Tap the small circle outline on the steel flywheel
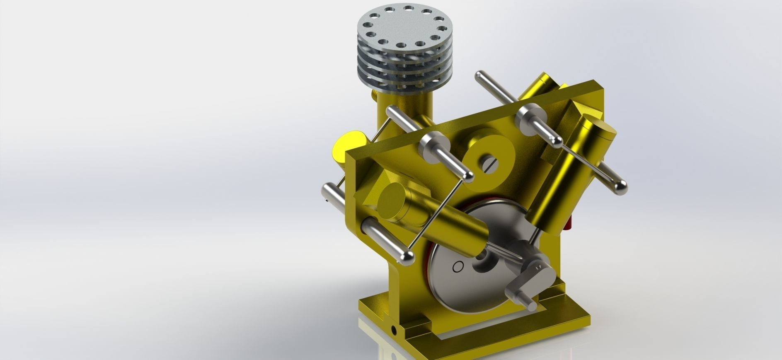click(458, 267)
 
